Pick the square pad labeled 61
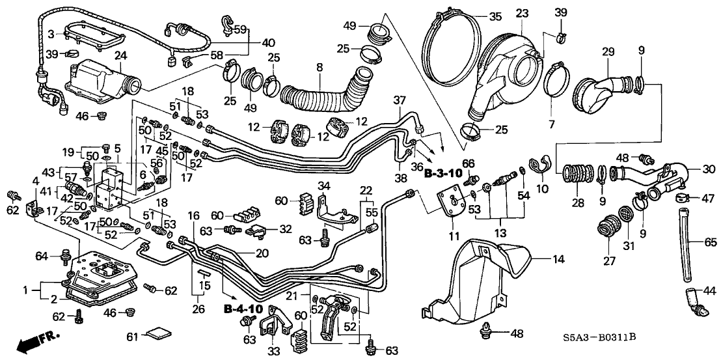point(157,337)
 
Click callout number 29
point(607,51)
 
